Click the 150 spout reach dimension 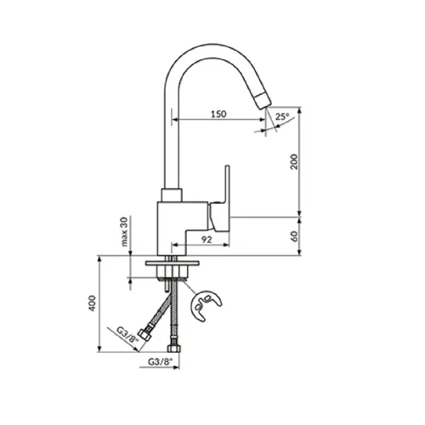coord(218,114)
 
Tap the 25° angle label coord(282,116)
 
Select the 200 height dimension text coord(294,161)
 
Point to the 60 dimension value coord(295,236)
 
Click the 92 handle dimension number coord(207,240)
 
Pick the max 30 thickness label coord(124,231)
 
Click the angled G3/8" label coord(127,335)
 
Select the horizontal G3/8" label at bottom coord(160,362)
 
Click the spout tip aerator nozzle coord(263,101)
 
